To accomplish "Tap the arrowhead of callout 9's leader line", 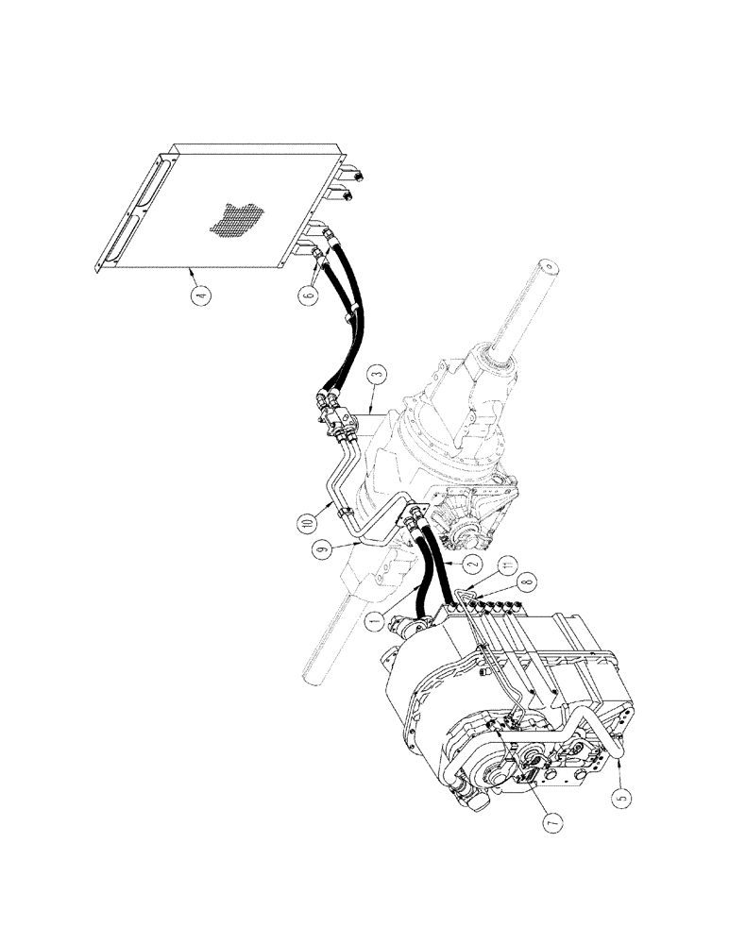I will (356, 542).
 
